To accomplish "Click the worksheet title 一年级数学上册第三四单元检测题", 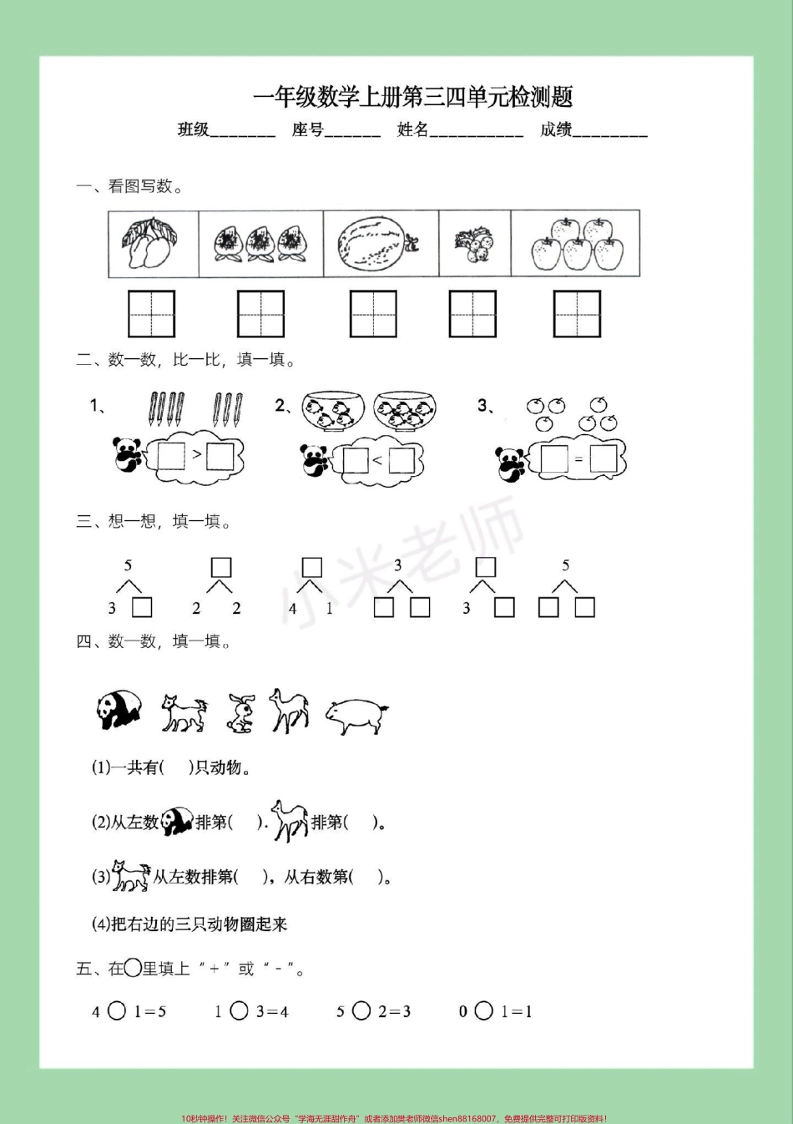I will point(412,98).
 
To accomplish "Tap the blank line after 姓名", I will point(476,132).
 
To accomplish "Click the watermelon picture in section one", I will point(376,244).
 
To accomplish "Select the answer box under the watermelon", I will point(373,314).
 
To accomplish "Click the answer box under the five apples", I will point(577,314).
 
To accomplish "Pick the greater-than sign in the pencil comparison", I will point(197,455).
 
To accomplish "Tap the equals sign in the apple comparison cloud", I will point(578,459).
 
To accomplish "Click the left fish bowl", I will point(333,409).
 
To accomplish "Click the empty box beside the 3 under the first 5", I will point(143,607).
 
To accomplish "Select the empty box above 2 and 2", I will point(220,568).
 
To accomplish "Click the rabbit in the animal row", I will point(241,714).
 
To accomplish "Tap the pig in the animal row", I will point(356,715).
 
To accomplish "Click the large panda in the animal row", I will point(119,710).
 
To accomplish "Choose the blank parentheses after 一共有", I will point(176,767).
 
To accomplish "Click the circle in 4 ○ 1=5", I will point(117,1011).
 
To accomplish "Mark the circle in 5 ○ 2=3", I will point(361,1011).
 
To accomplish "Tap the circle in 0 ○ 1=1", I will point(484,1011).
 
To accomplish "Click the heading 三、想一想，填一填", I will point(154,522).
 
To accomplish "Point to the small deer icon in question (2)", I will point(290,821).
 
